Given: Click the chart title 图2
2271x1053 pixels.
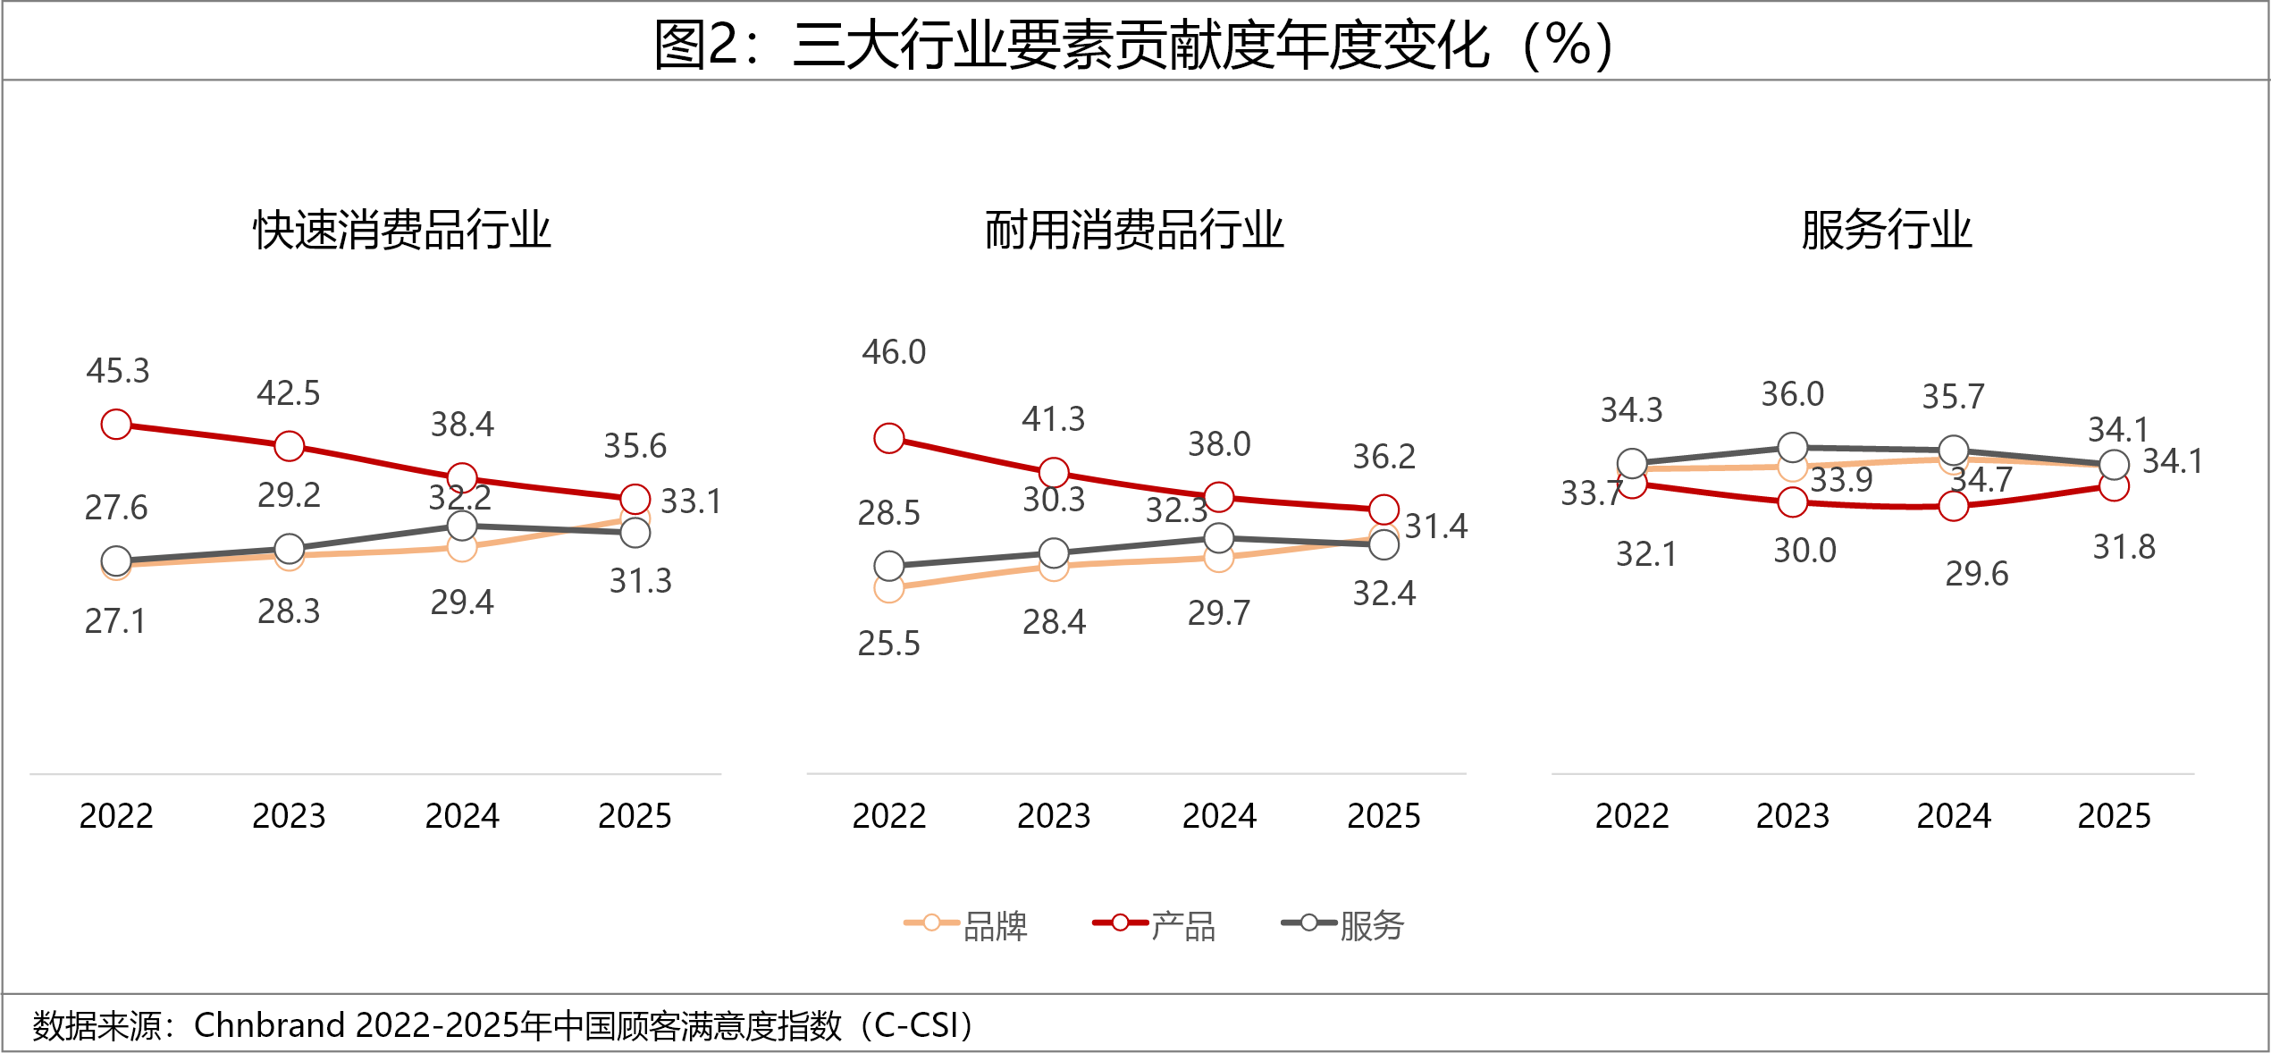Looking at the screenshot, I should click(1133, 45).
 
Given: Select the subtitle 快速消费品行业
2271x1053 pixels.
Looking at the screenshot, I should click(402, 230).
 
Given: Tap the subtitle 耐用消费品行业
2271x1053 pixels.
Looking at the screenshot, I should click(1134, 230).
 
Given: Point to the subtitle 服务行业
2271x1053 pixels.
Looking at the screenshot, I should click(1886, 230).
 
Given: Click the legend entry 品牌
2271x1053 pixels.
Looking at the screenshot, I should click(995, 926).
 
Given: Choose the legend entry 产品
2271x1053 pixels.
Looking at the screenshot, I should click(1182, 926).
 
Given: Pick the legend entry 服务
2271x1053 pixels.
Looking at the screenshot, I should click(1371, 926).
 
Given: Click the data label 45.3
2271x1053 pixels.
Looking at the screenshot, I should click(118, 371).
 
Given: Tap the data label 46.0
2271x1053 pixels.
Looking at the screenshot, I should click(894, 352).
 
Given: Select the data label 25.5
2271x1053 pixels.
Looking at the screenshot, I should click(888, 644).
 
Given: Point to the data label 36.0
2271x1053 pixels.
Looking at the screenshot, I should click(1792, 394).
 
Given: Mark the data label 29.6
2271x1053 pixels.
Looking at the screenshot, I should click(1976, 574).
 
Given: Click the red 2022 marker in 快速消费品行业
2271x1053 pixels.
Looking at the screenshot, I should click(116, 425).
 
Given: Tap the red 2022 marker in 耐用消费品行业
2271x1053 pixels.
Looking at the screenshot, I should click(889, 438).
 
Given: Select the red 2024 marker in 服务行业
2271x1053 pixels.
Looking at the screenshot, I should click(1954, 507).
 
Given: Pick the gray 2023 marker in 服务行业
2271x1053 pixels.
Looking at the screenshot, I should click(1793, 447).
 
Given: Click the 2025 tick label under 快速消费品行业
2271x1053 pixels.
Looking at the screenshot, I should click(635, 816).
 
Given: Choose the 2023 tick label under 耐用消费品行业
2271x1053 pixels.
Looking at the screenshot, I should click(1054, 816).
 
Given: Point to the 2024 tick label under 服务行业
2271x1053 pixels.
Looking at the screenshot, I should click(1954, 816).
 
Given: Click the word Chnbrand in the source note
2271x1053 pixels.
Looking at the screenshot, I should click(269, 1025).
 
